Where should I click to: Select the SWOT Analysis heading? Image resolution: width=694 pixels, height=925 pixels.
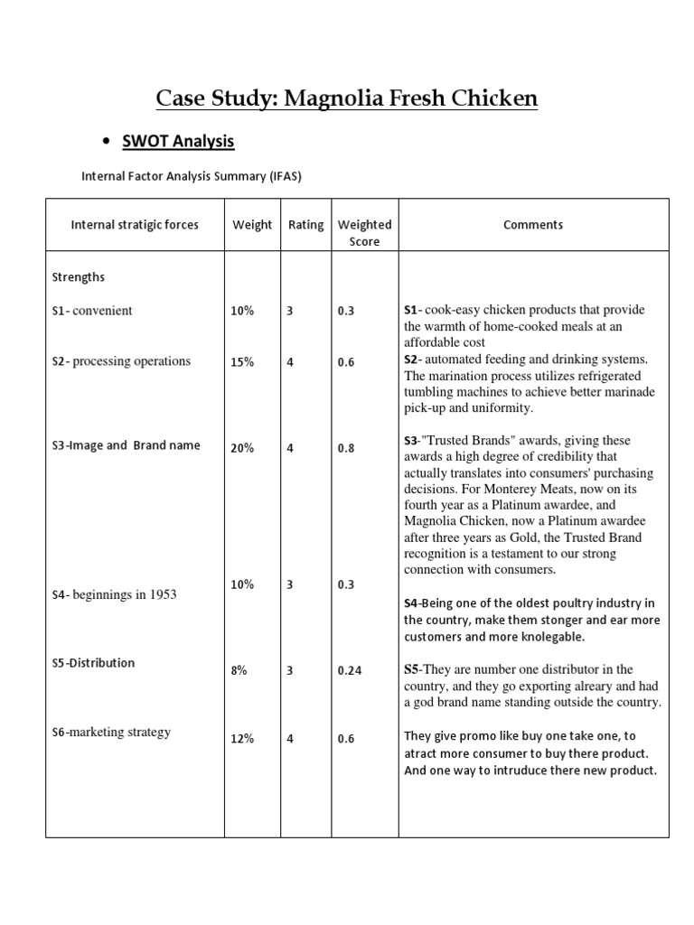[178, 141]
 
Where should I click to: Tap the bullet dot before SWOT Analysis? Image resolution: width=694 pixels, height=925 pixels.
[107, 142]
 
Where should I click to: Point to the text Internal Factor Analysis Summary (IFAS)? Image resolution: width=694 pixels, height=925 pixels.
[192, 177]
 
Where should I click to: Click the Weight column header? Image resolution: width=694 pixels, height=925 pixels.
[252, 225]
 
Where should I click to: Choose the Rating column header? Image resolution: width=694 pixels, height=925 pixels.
[305, 225]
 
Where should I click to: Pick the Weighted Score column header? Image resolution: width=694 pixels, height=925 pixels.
[364, 233]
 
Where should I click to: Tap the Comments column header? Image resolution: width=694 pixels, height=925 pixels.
[533, 225]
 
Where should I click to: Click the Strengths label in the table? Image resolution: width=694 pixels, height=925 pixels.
[79, 276]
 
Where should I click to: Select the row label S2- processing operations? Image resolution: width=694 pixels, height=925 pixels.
[121, 361]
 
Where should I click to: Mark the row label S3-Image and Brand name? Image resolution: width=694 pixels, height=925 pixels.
[126, 445]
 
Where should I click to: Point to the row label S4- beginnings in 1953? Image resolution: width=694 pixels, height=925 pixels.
[114, 594]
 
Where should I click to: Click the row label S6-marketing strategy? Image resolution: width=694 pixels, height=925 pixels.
[111, 733]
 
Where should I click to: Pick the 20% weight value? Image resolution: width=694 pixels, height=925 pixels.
[242, 447]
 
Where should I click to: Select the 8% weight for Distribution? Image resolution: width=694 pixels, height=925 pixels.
[239, 671]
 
